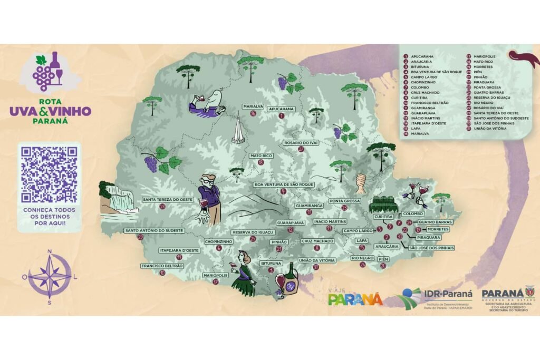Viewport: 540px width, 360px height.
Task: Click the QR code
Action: point(50,173)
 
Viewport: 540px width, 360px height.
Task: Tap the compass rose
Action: point(50,276)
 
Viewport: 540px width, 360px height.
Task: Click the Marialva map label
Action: point(253,106)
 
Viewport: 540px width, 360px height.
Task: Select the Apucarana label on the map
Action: point(281,109)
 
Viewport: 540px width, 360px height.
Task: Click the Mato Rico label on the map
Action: point(261,156)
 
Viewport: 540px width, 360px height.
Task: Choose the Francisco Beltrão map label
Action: point(162,266)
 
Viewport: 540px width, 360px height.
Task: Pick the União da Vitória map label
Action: point(316,260)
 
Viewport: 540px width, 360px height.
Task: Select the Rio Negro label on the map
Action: point(363,258)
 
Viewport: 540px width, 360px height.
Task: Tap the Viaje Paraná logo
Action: point(355,297)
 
